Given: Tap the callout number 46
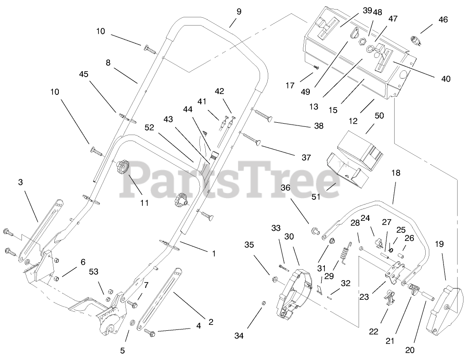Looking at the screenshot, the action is point(443,20).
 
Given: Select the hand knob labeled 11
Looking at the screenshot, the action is point(123,168).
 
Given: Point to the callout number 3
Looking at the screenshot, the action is point(20,182).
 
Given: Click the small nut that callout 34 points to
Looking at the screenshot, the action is point(264,303).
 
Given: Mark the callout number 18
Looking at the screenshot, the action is point(396,173).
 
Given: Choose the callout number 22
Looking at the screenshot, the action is point(374,332).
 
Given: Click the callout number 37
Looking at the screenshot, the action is point(306,157).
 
